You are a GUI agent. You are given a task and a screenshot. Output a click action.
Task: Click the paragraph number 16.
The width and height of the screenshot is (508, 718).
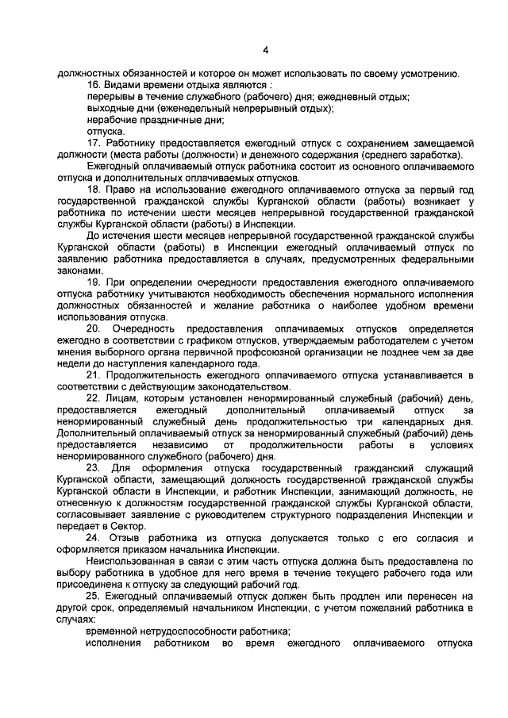[94, 85]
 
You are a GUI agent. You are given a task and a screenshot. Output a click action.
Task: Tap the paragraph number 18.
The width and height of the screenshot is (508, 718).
[94, 190]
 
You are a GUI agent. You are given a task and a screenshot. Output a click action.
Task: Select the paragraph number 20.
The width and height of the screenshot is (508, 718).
[94, 329]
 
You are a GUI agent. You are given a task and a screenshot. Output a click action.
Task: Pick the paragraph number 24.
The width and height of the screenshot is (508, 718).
[94, 539]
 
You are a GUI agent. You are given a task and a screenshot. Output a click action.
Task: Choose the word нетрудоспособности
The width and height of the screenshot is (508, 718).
[189, 632]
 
